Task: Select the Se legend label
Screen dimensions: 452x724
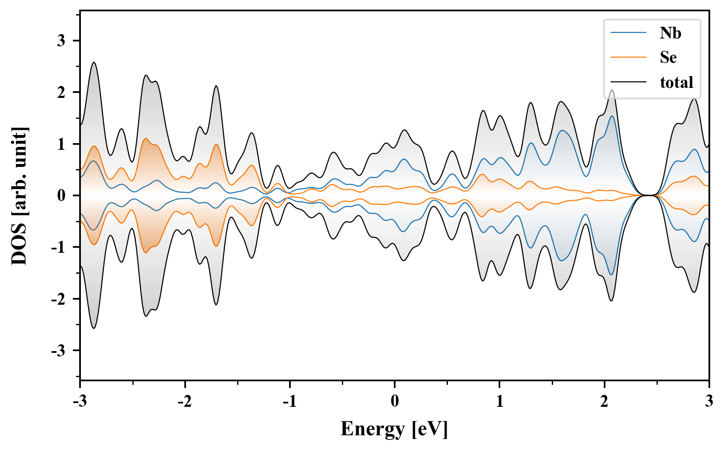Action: (668, 57)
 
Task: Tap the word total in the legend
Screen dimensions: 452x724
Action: (677, 82)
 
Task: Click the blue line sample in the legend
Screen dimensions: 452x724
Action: (628, 33)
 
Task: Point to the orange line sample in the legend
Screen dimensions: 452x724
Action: (628, 57)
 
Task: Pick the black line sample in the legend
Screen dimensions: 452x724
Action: (628, 82)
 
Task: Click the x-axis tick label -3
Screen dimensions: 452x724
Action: (80, 401)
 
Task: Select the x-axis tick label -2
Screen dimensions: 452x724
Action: (184, 401)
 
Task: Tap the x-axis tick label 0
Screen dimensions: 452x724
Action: (395, 401)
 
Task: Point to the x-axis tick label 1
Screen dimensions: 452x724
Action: (499, 401)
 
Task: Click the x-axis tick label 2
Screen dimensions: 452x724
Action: (604, 401)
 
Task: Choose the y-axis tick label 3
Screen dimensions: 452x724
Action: (62, 41)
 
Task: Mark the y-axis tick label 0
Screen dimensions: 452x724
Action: (62, 195)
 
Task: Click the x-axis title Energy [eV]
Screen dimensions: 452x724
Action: (394, 429)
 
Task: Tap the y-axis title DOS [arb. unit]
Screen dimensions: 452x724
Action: (19, 195)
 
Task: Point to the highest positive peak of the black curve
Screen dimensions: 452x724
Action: (94, 62)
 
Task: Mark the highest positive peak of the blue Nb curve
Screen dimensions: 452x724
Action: (612, 116)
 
